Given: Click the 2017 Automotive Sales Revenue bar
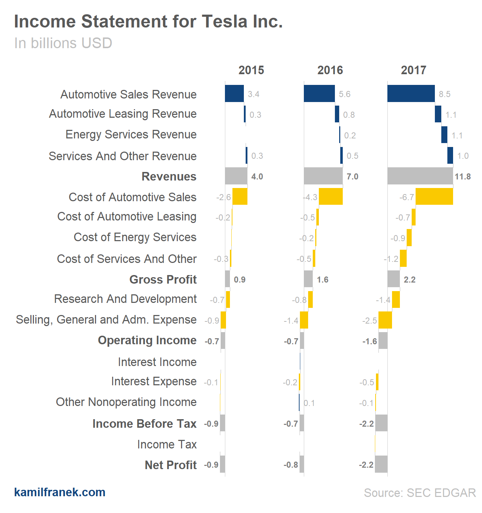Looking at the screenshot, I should pyautogui.click(x=411, y=93).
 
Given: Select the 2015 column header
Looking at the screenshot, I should pyautogui.click(x=251, y=70).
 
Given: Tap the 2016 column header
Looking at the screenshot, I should pyautogui.click(x=330, y=70).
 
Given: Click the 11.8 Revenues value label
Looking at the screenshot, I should pyautogui.click(x=463, y=177).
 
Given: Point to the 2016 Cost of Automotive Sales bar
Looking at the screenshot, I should pyautogui.click(x=331, y=196).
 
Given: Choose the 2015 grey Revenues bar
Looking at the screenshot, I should pyautogui.click(x=236, y=176).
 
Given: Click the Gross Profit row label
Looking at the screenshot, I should pyautogui.click(x=163, y=279).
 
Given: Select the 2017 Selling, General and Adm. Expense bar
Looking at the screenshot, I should pyautogui.click(x=385, y=320).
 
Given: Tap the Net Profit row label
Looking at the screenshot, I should pyautogui.click(x=171, y=465).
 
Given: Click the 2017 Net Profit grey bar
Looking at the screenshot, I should pyautogui.click(x=381, y=464).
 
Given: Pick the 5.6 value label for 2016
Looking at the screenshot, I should pyautogui.click(x=345, y=94).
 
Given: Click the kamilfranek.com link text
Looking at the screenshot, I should pyautogui.click(x=60, y=492).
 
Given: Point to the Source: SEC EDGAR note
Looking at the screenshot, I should pyautogui.click(x=420, y=493).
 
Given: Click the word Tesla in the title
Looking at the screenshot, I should pyautogui.click(x=225, y=21).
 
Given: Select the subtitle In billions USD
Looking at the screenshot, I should pyautogui.click(x=63, y=43).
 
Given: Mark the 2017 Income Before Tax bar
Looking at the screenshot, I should pyautogui.click(x=381, y=423).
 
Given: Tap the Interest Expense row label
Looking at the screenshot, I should pyautogui.click(x=154, y=381).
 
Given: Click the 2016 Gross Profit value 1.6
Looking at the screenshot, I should pyautogui.click(x=322, y=280).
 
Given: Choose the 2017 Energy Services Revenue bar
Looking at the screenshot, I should pyautogui.click(x=444, y=135).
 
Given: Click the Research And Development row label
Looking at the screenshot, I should pyautogui.click(x=125, y=299).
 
